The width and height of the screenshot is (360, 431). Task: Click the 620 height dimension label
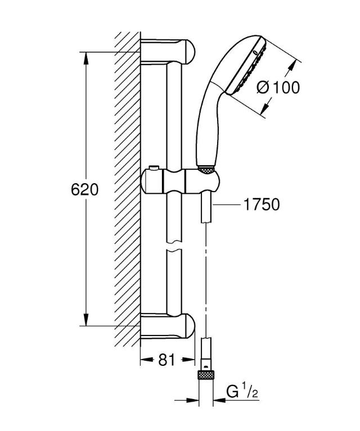point(84,189)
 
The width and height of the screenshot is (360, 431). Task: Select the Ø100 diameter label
point(277,87)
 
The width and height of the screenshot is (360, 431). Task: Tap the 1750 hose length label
point(261,205)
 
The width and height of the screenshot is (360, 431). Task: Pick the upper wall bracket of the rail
point(169,51)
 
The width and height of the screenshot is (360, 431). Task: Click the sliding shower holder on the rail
point(180,180)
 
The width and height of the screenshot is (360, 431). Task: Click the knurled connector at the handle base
point(207,168)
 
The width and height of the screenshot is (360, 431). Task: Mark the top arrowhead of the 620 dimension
point(85,57)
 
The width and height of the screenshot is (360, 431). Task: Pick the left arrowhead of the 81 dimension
point(143,360)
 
